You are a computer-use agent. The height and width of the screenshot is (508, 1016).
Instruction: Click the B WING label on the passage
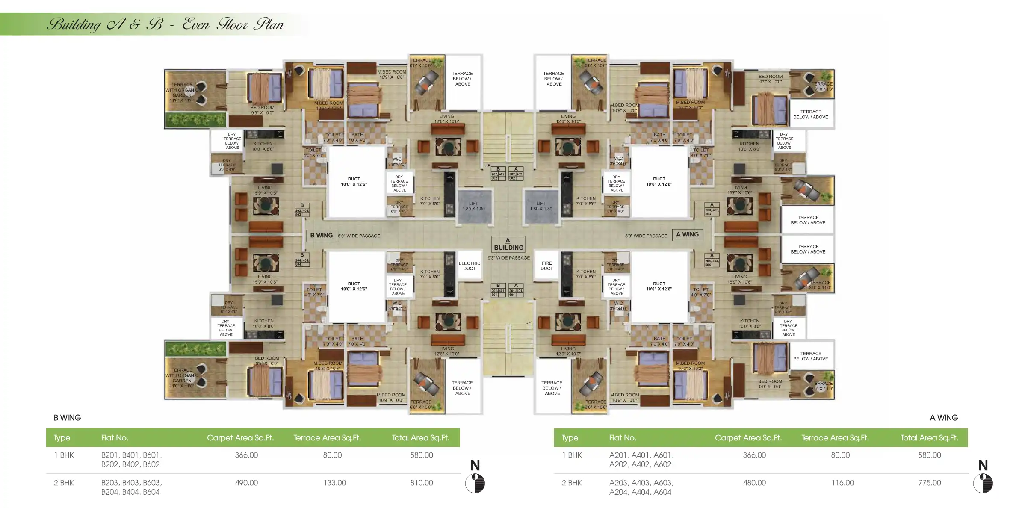[321, 236]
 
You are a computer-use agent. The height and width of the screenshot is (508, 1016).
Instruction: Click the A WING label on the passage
[687, 235]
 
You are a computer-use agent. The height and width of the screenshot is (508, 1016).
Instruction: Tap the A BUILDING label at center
[508, 244]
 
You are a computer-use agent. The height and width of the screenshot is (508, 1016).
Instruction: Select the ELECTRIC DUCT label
[469, 266]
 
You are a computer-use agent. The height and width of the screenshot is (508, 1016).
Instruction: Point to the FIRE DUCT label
[546, 266]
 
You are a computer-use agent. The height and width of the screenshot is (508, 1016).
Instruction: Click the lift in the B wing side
[473, 207]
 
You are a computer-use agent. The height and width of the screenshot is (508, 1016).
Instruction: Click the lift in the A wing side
[541, 207]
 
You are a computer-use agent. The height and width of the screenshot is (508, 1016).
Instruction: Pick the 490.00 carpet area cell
[246, 483]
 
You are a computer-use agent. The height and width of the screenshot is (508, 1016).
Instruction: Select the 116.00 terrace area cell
[842, 483]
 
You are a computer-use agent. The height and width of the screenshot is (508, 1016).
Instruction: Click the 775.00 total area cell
[929, 483]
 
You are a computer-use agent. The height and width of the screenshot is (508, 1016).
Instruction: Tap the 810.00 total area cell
[421, 483]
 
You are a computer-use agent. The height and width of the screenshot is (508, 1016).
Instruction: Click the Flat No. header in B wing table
[115, 438]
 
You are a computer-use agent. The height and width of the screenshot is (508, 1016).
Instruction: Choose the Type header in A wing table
[570, 438]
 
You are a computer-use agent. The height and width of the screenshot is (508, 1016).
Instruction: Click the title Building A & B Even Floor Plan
[165, 24]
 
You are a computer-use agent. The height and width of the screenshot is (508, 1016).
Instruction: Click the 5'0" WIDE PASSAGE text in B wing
[359, 236]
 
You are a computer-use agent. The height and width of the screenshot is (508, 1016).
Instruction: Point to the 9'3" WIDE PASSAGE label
[508, 258]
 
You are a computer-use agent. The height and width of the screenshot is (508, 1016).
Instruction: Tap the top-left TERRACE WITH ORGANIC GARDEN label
[182, 92]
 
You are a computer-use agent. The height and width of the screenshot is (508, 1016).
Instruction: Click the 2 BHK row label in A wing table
[571, 483]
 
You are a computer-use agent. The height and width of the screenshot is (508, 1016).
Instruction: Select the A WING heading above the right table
[943, 418]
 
